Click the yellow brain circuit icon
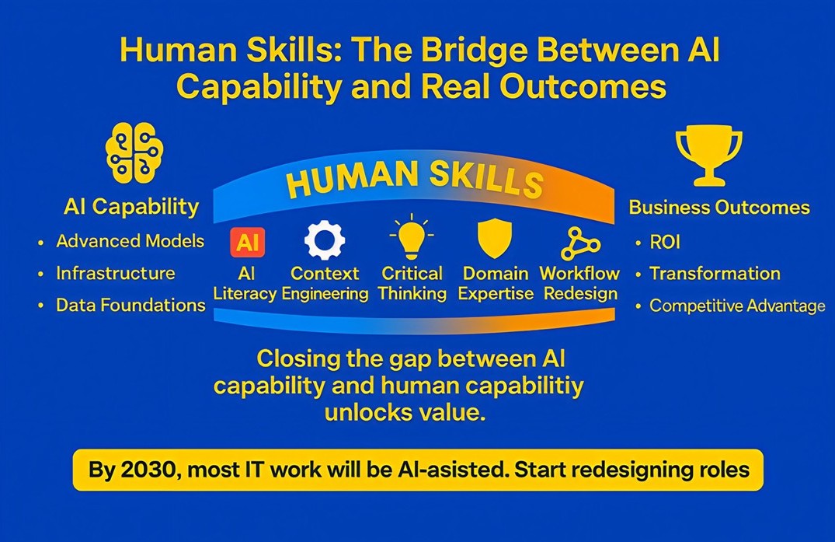tap(134, 152)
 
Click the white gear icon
tap(324, 240)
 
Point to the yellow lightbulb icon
tap(412, 238)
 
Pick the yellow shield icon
tap(494, 238)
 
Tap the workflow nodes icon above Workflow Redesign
tap(579, 244)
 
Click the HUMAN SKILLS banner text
tap(414, 180)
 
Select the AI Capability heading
tap(131, 207)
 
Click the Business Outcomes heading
tap(718, 208)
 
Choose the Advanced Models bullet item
tap(130, 241)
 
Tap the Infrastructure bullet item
tap(115, 274)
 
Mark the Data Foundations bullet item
tap(130, 306)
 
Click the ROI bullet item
tap(665, 243)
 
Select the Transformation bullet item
tap(715, 274)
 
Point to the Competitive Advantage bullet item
tap(736, 306)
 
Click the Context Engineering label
tap(325, 284)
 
